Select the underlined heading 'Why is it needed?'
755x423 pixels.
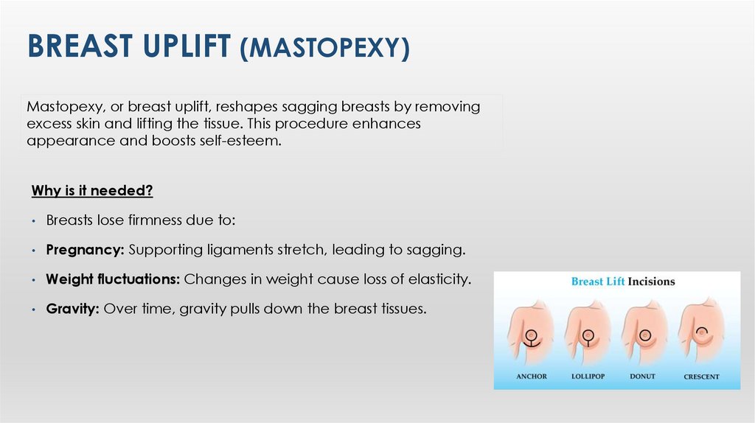[x=92, y=191]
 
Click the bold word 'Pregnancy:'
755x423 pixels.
[x=85, y=250]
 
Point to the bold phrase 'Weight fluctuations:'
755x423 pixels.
[x=113, y=279]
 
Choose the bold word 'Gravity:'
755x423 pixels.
[x=72, y=309]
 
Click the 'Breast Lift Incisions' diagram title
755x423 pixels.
[x=623, y=282]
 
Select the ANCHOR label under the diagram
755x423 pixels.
[x=532, y=377]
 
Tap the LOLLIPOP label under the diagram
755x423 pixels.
[x=588, y=377]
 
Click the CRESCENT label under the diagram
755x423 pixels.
[x=701, y=377]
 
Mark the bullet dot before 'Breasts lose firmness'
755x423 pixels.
[x=34, y=221]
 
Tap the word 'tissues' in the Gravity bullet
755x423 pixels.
[x=402, y=309]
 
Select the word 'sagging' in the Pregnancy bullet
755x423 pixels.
[x=439, y=250]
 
